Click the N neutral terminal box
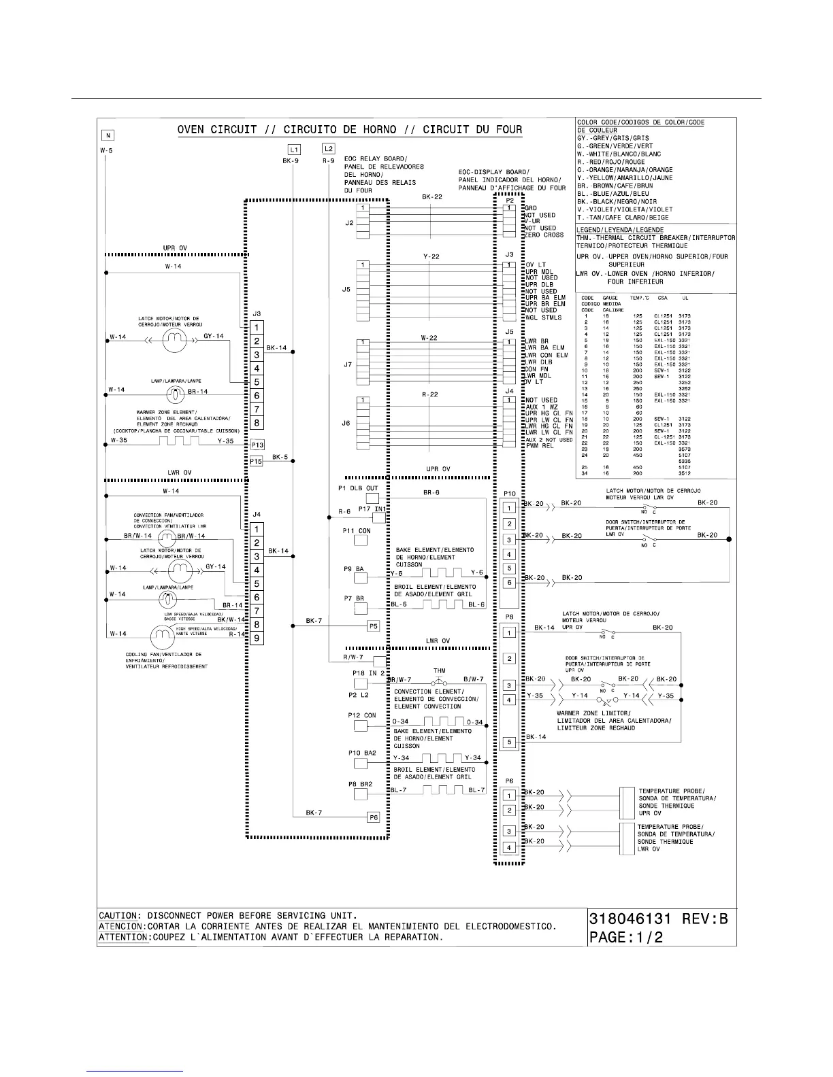coord(107,135)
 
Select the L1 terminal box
coord(294,149)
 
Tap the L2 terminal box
coord(328,148)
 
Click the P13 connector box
coord(257,445)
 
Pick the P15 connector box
coord(256,461)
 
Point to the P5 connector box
coord(373,626)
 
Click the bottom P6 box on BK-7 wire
coord(373,817)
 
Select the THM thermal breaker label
coord(439,671)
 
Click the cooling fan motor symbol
coord(161,636)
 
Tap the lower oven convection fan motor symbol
coord(167,537)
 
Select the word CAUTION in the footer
coord(120,915)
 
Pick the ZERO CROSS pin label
coord(544,235)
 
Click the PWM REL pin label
coord(539,446)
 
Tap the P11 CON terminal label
coord(357,531)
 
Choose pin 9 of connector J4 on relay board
coord(257,638)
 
